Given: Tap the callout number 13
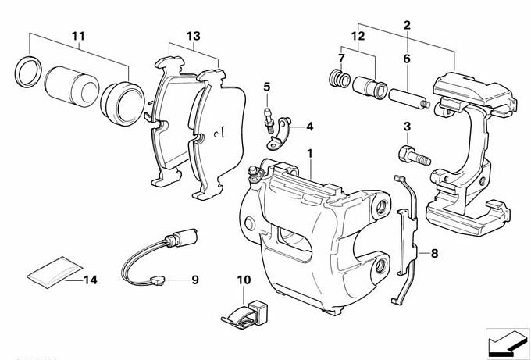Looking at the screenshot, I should click(x=193, y=36).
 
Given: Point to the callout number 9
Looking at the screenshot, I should click(x=195, y=279).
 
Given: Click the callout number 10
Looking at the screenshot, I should click(x=244, y=279).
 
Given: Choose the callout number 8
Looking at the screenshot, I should click(x=435, y=252).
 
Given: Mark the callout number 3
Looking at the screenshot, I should click(x=407, y=127).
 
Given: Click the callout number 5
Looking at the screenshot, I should click(x=266, y=87).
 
